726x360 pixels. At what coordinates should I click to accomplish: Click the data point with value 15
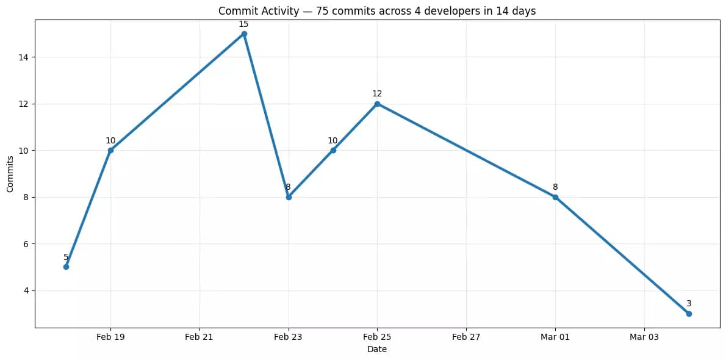coord(244,34)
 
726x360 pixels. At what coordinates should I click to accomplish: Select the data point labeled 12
coord(377,104)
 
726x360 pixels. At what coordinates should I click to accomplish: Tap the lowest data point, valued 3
coord(689,314)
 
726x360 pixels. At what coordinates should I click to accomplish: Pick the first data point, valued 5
coord(66,267)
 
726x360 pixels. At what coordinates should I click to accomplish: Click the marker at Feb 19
coord(110,150)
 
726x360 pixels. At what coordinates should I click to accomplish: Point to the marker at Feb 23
coord(289,197)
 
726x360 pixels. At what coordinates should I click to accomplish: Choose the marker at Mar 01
coord(555,197)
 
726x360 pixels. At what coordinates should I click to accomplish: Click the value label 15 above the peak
coord(243,24)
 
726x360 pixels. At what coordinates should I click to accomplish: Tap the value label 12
coord(377,93)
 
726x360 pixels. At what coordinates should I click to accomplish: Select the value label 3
coord(689,303)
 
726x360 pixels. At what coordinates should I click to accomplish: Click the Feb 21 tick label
coord(199,336)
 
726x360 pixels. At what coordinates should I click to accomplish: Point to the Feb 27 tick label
coord(466,336)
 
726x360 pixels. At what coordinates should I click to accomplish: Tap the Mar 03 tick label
coord(644,336)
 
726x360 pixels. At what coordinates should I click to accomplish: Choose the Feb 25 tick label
coord(377,336)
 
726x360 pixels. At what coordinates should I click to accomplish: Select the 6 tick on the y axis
coord(26,244)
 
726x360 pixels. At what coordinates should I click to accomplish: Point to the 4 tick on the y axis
coord(26,290)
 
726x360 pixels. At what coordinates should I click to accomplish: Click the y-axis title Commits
coord(10,174)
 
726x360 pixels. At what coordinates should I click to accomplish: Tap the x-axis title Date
coord(377,349)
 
